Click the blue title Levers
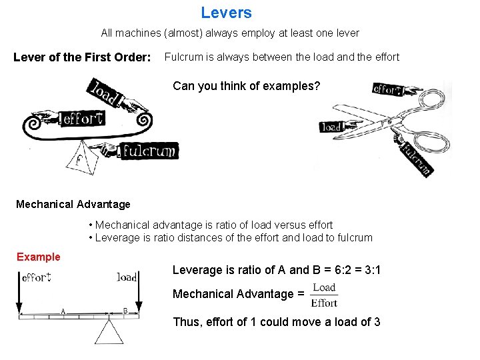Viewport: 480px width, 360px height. point(226,13)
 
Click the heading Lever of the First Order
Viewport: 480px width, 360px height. point(82,57)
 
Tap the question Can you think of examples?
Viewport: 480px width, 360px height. point(246,85)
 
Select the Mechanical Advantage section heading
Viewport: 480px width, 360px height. point(73,204)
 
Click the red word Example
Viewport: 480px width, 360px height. point(38,257)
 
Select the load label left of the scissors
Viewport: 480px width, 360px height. point(333,126)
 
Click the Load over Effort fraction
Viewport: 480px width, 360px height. point(324,295)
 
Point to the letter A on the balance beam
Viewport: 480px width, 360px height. point(63,311)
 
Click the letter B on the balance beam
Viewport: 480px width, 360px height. point(125,311)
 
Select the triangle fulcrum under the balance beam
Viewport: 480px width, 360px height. point(109,331)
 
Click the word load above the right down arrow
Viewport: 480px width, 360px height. point(127,277)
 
